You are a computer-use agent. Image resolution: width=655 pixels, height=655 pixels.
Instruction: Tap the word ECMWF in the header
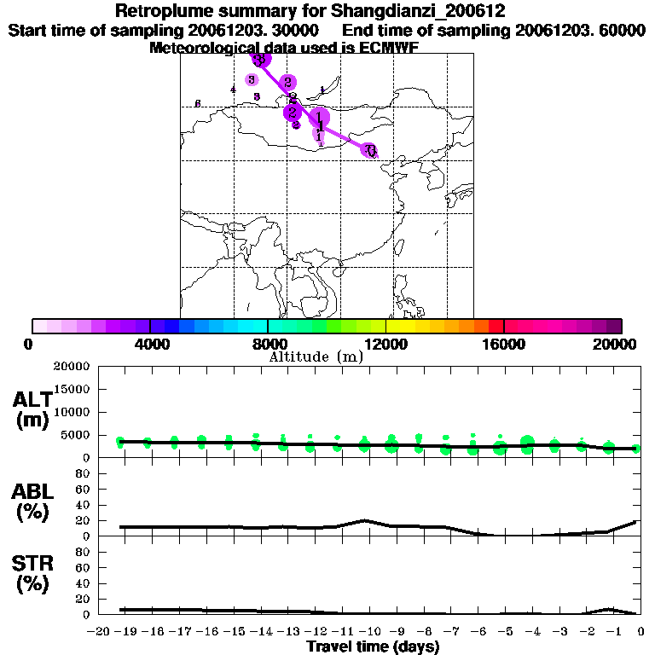[380, 48]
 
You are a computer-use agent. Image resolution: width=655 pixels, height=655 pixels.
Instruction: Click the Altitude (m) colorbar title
[316, 356]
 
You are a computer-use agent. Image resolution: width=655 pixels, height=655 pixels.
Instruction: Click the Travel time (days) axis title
[373, 647]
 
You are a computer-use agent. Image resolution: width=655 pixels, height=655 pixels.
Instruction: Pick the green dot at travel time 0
[636, 449]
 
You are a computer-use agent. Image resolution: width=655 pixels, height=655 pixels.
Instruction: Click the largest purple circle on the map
[319, 118]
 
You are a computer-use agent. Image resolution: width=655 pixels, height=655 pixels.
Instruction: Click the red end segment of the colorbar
[496, 326]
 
